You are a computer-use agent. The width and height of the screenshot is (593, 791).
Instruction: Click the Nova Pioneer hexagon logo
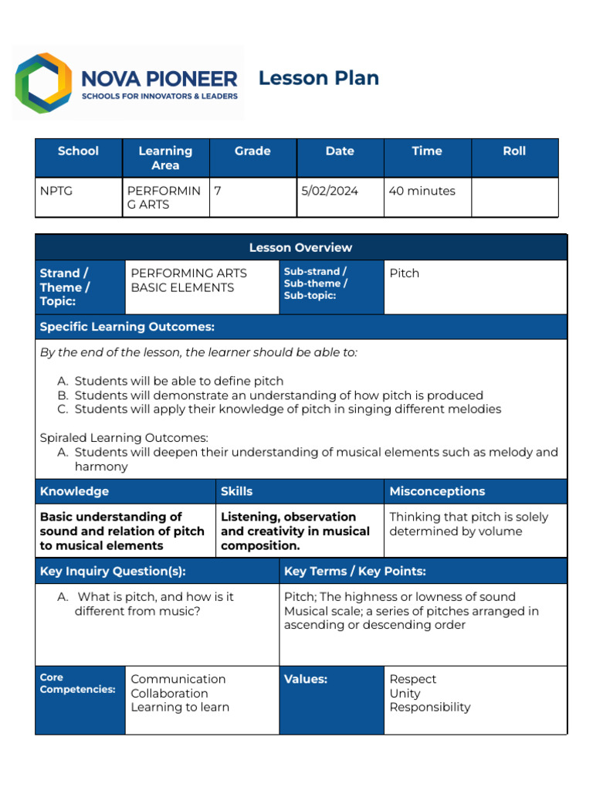pyautogui.click(x=44, y=83)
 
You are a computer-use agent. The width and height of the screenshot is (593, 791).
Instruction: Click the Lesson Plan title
pyautogui.click(x=318, y=78)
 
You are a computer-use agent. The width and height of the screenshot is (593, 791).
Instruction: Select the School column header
pyautogui.click(x=78, y=151)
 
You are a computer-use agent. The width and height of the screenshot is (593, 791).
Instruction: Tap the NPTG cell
pyautogui.click(x=56, y=191)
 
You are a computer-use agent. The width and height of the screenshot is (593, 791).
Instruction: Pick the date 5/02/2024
pyautogui.click(x=330, y=191)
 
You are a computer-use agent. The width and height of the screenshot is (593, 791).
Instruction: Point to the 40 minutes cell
pyautogui.click(x=422, y=191)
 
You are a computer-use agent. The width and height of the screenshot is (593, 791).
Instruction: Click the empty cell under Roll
pyautogui.click(x=514, y=198)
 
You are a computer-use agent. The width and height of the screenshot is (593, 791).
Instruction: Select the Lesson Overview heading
pyautogui.click(x=300, y=248)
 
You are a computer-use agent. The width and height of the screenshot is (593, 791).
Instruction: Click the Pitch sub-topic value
pyautogui.click(x=404, y=273)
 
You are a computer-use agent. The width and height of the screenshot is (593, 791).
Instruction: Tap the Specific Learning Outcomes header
pyautogui.click(x=127, y=327)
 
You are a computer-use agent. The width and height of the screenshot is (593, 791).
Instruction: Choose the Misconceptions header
pyautogui.click(x=437, y=491)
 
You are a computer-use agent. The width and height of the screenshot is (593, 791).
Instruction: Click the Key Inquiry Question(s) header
pyautogui.click(x=113, y=572)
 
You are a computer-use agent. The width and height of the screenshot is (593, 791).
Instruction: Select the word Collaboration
pyautogui.click(x=169, y=693)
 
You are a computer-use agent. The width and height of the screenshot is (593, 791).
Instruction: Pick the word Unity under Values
pyautogui.click(x=405, y=693)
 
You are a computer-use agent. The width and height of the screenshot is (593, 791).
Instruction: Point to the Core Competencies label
pyautogui.click(x=77, y=684)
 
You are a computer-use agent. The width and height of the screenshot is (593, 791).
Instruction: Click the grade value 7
pyautogui.click(x=219, y=191)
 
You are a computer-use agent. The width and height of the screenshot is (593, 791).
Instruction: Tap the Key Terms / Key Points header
pyautogui.click(x=355, y=572)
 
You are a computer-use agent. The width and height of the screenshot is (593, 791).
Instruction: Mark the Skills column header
pyautogui.click(x=236, y=491)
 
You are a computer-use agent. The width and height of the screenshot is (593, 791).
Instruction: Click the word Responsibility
pyautogui.click(x=429, y=707)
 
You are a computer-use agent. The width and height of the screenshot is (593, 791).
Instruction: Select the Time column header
pyautogui.click(x=426, y=151)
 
